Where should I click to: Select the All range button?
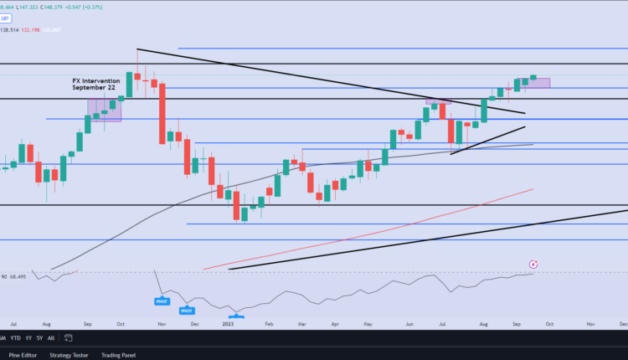(x=52, y=338)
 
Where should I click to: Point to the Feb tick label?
(x=269, y=322)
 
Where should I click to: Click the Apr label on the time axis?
(x=334, y=322)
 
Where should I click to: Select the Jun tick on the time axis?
(x=409, y=322)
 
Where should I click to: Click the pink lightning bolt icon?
(x=533, y=265)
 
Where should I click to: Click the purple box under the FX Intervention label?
(x=105, y=108)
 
